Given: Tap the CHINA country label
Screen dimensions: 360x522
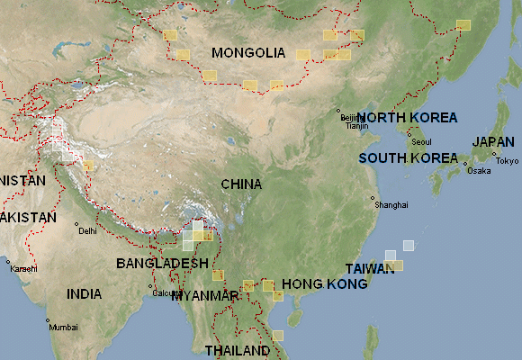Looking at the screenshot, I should [241, 184].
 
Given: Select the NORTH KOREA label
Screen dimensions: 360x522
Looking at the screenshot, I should [408, 118].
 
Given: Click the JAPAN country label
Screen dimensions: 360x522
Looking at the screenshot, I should [494, 142].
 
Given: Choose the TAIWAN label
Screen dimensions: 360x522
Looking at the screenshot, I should [371, 269].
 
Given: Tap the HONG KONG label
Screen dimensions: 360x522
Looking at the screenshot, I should [325, 283].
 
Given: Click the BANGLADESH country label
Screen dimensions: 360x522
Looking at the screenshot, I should [162, 263].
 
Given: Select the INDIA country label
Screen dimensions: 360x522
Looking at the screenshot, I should [85, 293].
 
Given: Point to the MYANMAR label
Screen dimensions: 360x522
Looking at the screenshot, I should [209, 295].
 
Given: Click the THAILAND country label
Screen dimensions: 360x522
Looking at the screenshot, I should [238, 349].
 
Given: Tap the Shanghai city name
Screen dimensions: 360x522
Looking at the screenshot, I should [391, 205].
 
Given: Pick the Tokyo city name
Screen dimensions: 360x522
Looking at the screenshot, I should [507, 161].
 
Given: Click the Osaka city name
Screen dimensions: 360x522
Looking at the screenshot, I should [480, 171].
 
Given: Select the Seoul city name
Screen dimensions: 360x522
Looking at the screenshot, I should [421, 142].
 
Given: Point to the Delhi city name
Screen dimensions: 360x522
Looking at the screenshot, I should [87, 231].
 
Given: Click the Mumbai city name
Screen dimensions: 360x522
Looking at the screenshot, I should [63, 327].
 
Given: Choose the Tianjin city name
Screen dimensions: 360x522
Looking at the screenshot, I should [357, 126].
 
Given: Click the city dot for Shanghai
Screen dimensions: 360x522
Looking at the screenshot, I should [373, 199].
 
